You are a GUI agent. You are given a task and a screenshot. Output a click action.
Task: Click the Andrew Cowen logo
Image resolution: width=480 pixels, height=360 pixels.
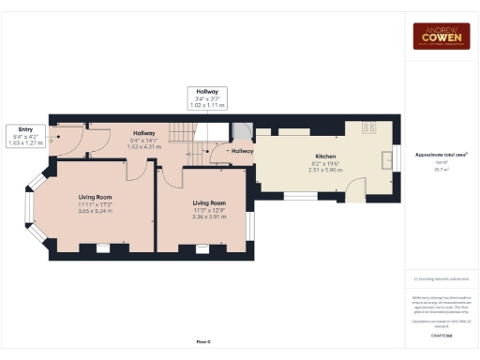point(442,36)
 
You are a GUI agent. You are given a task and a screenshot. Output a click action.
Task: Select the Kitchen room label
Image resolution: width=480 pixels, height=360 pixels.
point(325,157)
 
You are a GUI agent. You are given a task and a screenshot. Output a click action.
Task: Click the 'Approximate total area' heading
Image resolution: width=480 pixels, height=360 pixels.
point(441,153)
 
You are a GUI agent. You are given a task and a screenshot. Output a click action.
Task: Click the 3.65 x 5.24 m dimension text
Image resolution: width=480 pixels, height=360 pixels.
point(95,212)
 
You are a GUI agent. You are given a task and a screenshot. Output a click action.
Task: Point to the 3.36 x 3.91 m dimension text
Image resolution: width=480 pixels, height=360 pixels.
point(207,217)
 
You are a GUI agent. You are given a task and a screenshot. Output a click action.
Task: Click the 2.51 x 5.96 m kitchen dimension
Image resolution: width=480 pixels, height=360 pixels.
point(325,171)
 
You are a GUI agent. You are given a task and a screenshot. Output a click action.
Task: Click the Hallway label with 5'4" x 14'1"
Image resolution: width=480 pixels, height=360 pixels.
point(143,140)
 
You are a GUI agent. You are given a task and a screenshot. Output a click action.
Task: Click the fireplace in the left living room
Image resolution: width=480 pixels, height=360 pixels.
point(100,247)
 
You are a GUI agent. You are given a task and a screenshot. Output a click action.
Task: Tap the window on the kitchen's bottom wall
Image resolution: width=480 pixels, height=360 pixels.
point(300,197)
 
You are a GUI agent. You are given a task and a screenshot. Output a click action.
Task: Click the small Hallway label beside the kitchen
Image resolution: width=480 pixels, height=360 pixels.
point(242,150)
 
